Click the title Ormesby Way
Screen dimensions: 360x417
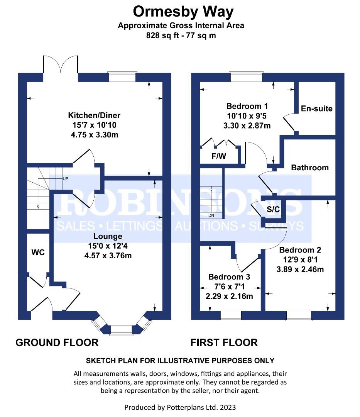click(x=183, y=12)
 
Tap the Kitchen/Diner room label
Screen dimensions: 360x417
click(x=94, y=115)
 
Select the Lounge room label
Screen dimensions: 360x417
click(x=108, y=236)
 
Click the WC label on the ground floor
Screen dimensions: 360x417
click(x=38, y=253)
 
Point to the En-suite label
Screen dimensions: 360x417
click(x=316, y=108)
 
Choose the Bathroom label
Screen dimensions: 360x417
click(x=310, y=168)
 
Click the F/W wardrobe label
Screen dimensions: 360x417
click(x=219, y=156)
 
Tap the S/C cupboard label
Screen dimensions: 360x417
click(x=273, y=209)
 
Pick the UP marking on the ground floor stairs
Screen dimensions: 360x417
click(x=65, y=179)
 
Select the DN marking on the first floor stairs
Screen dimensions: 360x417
click(x=211, y=215)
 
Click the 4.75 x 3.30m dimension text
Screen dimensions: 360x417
click(x=95, y=135)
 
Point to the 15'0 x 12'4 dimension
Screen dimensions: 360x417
click(x=108, y=246)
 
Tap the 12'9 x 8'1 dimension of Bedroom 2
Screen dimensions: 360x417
click(x=300, y=259)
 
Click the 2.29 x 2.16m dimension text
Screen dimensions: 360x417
click(x=229, y=296)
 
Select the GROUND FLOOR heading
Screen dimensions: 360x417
click(x=57, y=342)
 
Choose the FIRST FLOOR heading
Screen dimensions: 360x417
click(x=224, y=342)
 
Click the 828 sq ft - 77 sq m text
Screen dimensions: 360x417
click(x=181, y=36)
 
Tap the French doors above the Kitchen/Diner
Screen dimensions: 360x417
click(x=61, y=64)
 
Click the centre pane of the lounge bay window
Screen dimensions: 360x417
click(x=121, y=330)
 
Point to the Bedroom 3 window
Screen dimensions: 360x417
click(x=231, y=315)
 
